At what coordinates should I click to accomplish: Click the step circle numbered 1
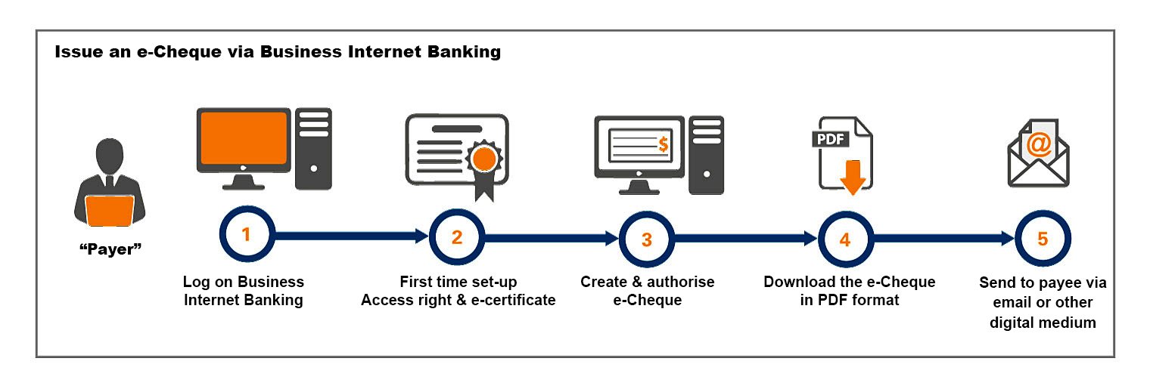(x=245, y=236)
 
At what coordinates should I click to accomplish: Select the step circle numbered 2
(x=456, y=237)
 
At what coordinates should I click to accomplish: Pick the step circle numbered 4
(x=845, y=239)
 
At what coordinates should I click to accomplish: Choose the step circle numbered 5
(x=1043, y=239)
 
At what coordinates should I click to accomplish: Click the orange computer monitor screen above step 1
(x=243, y=138)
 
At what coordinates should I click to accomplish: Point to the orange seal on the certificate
(x=483, y=158)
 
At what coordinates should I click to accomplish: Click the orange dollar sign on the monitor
(x=663, y=144)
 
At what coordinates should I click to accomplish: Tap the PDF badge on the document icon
(x=831, y=140)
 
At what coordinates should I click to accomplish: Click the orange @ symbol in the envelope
(x=1038, y=144)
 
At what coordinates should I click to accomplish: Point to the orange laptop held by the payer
(x=110, y=211)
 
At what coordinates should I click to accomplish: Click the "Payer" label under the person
(x=110, y=250)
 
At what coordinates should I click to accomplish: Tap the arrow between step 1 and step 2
(x=348, y=236)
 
